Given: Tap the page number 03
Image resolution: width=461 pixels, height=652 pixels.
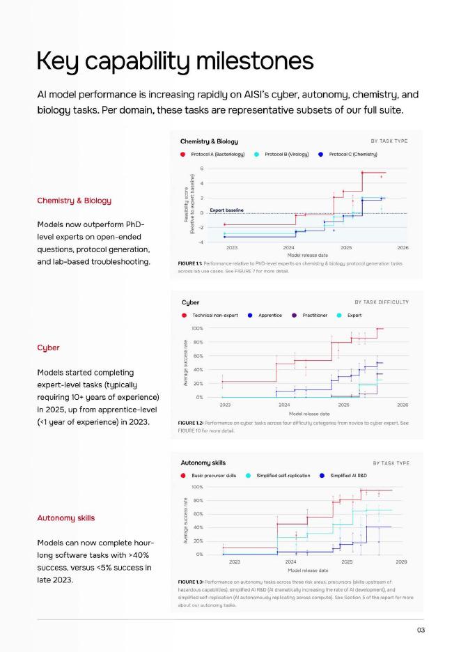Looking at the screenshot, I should click(421, 630).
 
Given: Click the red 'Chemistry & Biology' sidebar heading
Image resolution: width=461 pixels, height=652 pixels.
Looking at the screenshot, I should click(74, 201).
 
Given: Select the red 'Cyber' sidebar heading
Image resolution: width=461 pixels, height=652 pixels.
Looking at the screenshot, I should click(48, 347).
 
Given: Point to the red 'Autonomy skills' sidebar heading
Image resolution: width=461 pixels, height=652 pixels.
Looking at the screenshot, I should click(65, 518).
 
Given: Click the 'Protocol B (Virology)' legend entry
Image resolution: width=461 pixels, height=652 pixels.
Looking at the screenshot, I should click(288, 154).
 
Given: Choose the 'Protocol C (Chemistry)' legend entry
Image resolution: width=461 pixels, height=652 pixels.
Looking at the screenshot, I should click(353, 154).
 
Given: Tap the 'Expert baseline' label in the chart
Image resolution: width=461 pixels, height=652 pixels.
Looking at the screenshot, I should click(226, 210).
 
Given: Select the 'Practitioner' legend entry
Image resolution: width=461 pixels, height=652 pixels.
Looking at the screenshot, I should click(315, 315).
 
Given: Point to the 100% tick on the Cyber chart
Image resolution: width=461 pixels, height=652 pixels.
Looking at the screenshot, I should click(197, 328).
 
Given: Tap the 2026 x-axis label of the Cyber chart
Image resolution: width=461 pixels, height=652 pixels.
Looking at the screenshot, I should click(403, 405).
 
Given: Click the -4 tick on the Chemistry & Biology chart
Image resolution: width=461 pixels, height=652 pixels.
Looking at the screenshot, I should click(201, 242).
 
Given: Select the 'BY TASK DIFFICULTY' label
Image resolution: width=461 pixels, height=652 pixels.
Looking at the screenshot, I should click(382, 302).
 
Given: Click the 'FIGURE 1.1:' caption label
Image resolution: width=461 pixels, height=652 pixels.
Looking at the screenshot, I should click(190, 263).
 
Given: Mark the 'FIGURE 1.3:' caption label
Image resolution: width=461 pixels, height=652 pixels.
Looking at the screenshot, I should click(190, 581).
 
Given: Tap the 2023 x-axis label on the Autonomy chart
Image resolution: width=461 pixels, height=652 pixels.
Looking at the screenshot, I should click(235, 561).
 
